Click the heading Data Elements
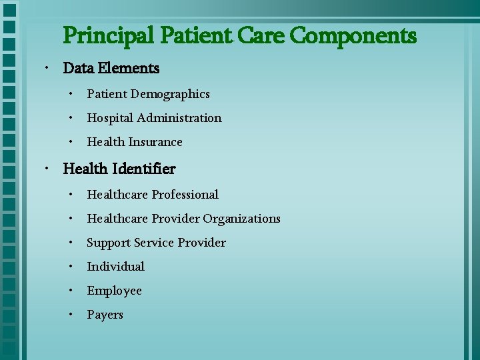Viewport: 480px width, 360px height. [111, 68]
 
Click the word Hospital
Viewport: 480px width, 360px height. [110, 118]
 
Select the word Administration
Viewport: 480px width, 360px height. [179, 118]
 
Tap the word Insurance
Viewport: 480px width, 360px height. [155, 142]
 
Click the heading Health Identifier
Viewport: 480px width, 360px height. [119, 169]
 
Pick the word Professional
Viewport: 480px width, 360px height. [185, 195]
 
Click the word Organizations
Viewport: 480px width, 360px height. [242, 219]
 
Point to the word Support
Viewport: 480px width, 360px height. [109, 243]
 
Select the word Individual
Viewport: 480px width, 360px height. [115, 267]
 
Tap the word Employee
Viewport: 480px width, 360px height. [114, 291]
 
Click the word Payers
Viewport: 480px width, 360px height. [105, 315]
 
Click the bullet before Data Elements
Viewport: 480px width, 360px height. [44, 68]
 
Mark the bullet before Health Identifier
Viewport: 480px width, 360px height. [44, 169]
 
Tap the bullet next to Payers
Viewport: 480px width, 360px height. [70, 314]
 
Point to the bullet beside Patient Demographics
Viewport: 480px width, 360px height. [70, 93]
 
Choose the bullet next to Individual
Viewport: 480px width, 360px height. [70, 266]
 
